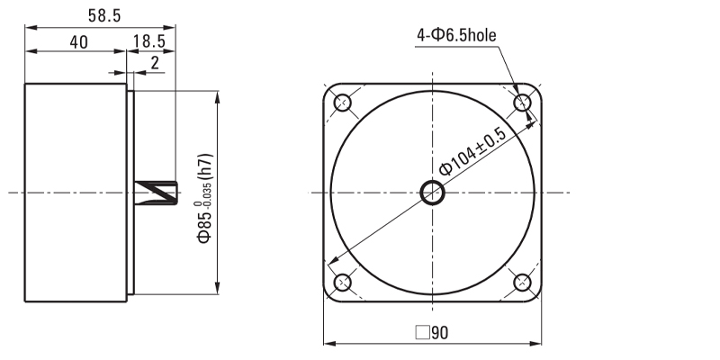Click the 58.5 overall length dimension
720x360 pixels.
click(104, 15)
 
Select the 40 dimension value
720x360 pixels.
click(78, 42)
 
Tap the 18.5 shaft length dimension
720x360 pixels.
click(149, 41)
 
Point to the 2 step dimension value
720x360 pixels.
click(155, 63)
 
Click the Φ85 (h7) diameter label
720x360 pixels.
click(205, 198)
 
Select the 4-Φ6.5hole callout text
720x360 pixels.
click(456, 35)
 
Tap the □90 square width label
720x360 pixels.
click(432, 332)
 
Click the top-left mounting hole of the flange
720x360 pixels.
click(343, 103)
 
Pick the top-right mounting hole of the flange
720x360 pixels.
click(522, 103)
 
